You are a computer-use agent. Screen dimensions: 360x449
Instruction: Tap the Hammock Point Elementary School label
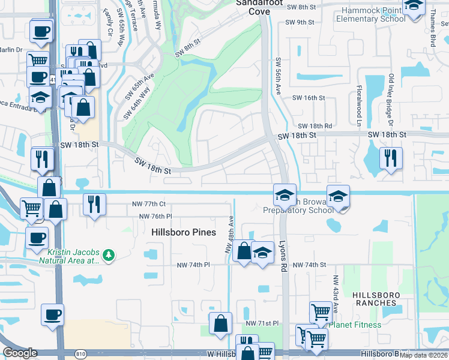(370, 14)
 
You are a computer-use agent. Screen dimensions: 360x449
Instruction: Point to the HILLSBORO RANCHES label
(383, 298)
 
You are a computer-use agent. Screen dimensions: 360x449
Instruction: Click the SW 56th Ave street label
(279, 76)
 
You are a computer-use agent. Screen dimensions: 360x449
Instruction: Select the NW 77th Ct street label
(149, 204)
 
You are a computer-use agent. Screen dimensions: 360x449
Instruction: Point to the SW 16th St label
(308, 98)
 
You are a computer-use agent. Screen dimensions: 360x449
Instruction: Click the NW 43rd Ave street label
(336, 293)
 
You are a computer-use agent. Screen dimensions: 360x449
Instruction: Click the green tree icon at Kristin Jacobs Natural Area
(109, 256)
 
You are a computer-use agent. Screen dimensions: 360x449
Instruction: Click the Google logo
(20, 353)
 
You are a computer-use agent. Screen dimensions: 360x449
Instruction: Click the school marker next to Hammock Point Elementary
(413, 6)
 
